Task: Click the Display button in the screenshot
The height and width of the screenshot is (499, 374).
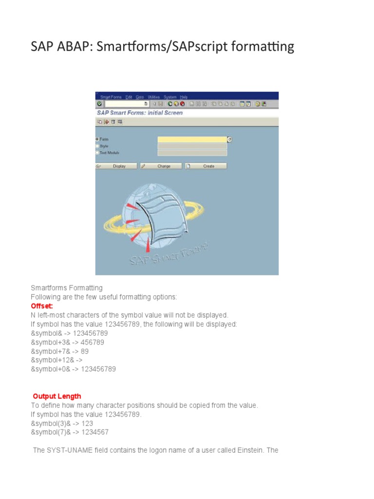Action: (x=119, y=166)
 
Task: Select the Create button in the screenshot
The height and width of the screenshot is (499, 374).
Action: (x=208, y=166)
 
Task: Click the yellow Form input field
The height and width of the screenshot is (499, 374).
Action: (x=192, y=139)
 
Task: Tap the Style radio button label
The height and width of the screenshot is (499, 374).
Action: (x=104, y=146)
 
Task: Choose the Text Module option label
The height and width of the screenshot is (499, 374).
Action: (x=110, y=153)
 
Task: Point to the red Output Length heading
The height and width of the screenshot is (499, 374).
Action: (x=57, y=396)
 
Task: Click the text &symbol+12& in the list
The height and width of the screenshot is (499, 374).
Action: (x=53, y=360)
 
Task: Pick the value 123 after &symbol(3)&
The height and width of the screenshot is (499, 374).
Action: (x=87, y=423)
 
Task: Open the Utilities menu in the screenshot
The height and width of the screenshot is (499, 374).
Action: (x=153, y=97)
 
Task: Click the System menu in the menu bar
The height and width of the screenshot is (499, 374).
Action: (x=170, y=97)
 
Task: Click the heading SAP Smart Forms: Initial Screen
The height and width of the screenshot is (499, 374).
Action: (x=140, y=113)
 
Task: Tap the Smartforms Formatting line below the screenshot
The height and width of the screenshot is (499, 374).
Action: (x=67, y=288)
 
